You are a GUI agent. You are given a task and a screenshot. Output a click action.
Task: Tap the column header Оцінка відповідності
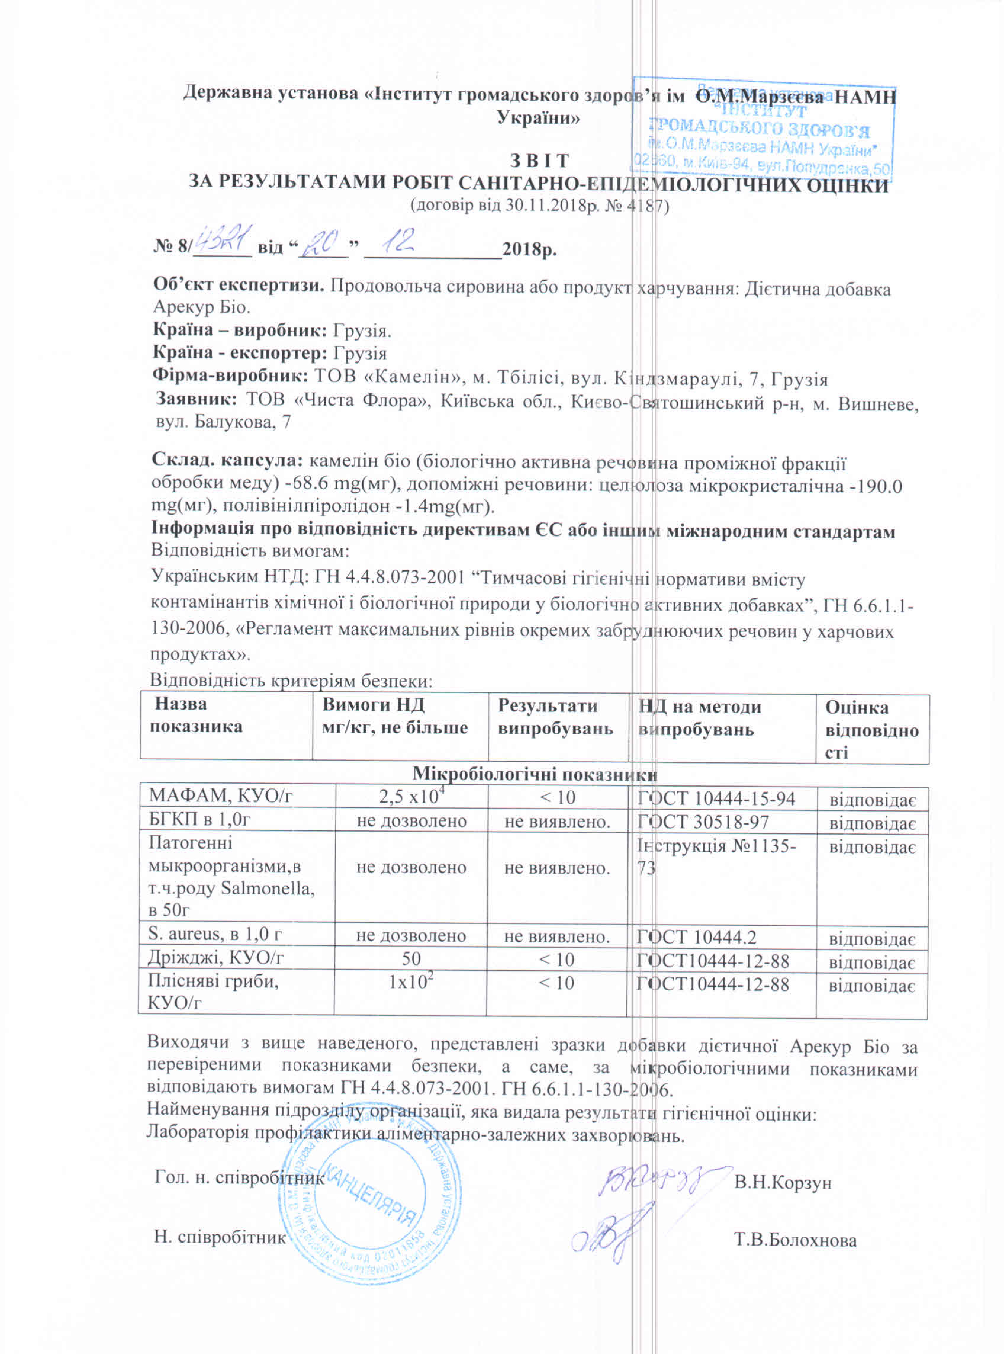pos(871,729)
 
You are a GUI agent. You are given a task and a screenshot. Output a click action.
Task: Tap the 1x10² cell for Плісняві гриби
pos(411,983)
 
